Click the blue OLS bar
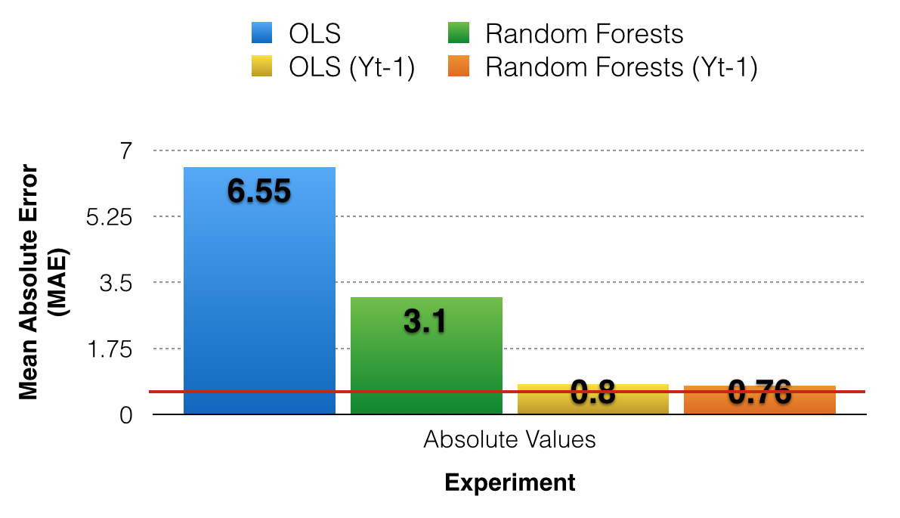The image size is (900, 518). point(259,302)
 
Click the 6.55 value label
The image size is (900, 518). point(259,191)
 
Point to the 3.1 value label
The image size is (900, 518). point(425,321)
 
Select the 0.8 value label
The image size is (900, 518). point(592,392)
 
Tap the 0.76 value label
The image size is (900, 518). point(759,392)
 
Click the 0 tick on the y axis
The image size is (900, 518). point(125,415)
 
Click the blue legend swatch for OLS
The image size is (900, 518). point(261,34)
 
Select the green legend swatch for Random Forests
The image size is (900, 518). point(459,34)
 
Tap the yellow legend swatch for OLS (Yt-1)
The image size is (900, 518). point(261,67)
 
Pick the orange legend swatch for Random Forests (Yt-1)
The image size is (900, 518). point(459,67)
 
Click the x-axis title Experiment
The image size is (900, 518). point(509,482)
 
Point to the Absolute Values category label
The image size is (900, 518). point(509,439)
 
